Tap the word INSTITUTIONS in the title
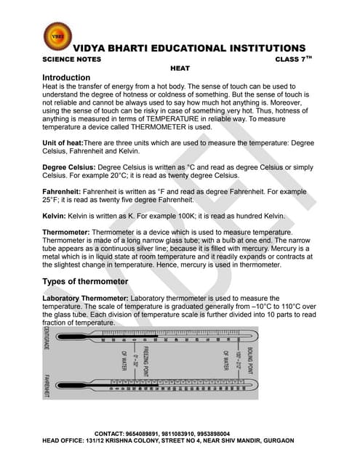click(257, 48)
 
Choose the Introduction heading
click(66, 77)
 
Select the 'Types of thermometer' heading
click(86, 281)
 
